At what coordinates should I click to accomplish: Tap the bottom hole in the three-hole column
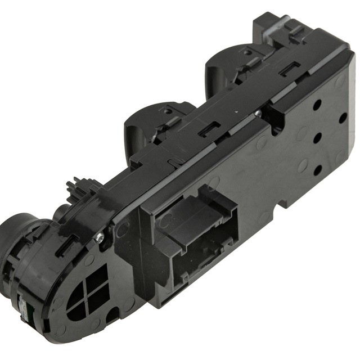pyautogui.click(x=318, y=169)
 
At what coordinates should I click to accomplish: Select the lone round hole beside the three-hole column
pyautogui.click(x=342, y=118)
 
